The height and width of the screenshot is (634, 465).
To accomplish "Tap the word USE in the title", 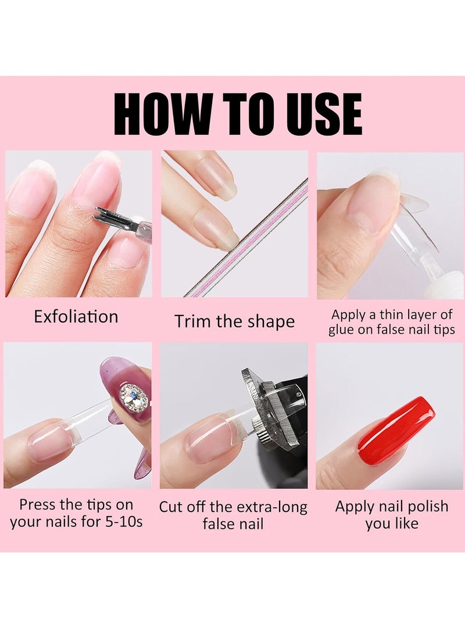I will tap(318, 114).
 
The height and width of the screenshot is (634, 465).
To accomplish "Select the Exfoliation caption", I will tap(76, 317).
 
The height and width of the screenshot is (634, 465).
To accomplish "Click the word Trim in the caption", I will tap(194, 321).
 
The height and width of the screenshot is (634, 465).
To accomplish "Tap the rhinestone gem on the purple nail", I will tap(133, 397).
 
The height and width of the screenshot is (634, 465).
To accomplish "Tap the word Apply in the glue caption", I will tap(347, 315).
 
